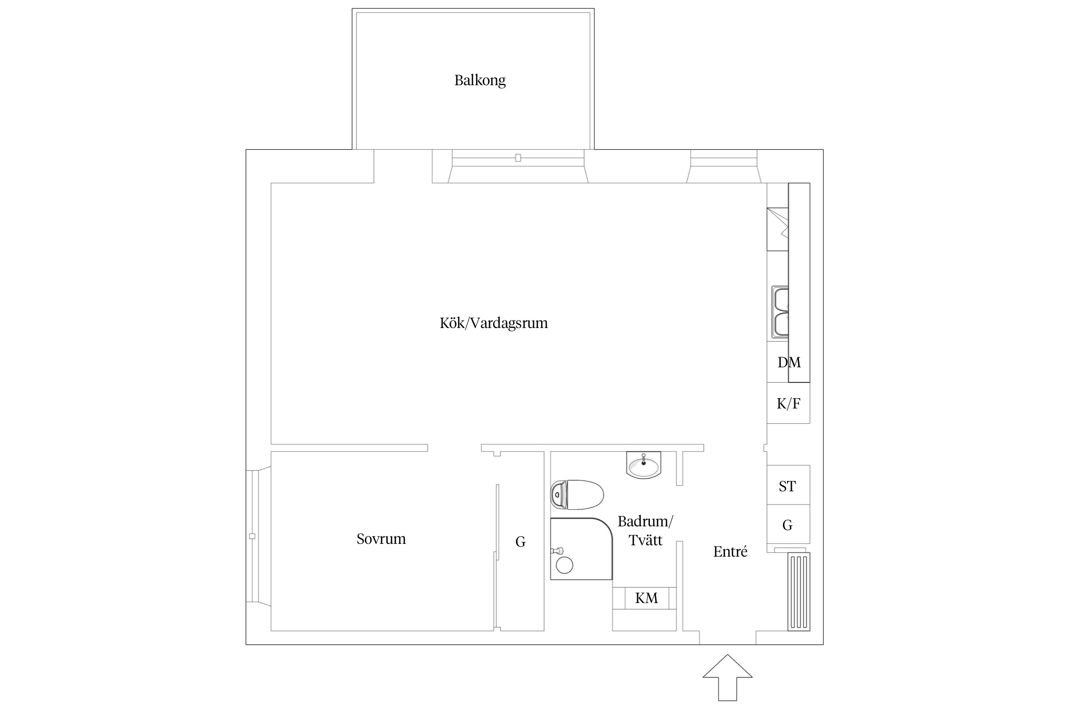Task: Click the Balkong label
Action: click(x=479, y=80)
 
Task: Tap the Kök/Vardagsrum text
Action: click(x=493, y=323)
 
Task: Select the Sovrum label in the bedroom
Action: click(x=381, y=539)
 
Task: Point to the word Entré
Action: click(x=730, y=552)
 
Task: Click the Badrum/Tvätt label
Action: click(x=645, y=531)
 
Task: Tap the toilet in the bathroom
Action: click(x=577, y=495)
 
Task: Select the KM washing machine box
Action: click(x=646, y=598)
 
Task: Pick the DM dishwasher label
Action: click(x=789, y=363)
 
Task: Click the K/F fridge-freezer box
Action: click(x=788, y=403)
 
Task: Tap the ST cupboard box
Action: click(x=788, y=486)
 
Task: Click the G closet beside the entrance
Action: click(x=788, y=525)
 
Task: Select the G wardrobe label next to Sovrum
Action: click(x=520, y=542)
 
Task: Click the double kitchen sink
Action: click(x=780, y=312)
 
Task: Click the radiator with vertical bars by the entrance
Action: click(x=799, y=592)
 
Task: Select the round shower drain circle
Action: click(x=565, y=565)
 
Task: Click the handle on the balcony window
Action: click(x=518, y=158)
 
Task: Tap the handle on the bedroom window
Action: click(x=252, y=536)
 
